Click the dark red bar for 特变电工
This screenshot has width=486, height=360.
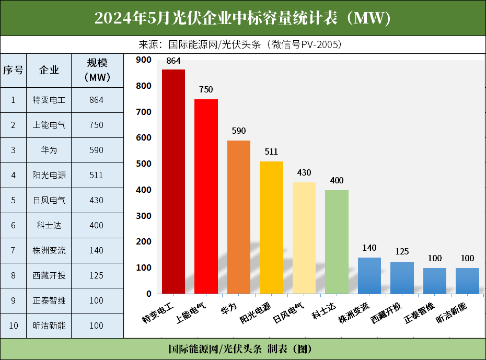[x=173, y=181]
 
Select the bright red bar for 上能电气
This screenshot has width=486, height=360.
[x=206, y=196]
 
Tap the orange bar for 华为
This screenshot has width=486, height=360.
[x=238, y=217]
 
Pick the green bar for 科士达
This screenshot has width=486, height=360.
[x=337, y=241]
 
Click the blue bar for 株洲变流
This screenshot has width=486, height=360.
[x=369, y=275]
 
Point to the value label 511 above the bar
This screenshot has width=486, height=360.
[x=271, y=152]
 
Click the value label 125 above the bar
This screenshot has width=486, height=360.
[x=402, y=252]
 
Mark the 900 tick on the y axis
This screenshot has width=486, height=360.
[x=143, y=60]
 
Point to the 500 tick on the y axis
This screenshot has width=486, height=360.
[x=143, y=164]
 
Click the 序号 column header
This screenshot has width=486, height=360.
[x=13, y=70]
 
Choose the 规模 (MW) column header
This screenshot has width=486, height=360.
[x=97, y=70]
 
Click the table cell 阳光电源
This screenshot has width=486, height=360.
[x=49, y=175]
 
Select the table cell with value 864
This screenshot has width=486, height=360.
[x=97, y=100]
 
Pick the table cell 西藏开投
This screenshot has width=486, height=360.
[x=49, y=275]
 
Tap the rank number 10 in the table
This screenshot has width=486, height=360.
[x=14, y=326]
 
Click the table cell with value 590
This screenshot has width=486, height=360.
[x=97, y=150]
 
